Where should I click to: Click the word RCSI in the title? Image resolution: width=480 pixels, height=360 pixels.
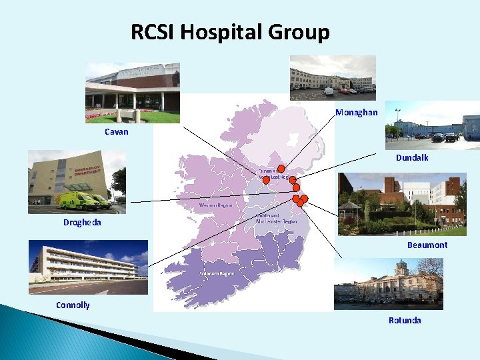click(x=153, y=31)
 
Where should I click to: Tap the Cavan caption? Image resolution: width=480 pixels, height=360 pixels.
click(x=117, y=132)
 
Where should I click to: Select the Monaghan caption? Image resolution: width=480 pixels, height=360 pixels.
click(x=357, y=112)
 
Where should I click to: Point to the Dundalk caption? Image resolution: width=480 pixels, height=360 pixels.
click(x=412, y=158)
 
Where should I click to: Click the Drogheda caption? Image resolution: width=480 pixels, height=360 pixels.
click(x=82, y=223)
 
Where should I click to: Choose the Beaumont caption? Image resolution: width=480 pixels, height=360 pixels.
click(x=427, y=245)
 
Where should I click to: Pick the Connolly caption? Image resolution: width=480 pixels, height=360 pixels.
click(x=73, y=305)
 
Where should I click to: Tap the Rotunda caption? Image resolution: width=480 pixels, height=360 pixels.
click(x=405, y=321)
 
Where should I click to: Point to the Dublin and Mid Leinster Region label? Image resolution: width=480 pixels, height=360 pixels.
click(x=276, y=218)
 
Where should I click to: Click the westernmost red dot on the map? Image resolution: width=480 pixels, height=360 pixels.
click(x=266, y=180)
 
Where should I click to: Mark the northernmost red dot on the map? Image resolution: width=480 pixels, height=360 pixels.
click(x=281, y=169)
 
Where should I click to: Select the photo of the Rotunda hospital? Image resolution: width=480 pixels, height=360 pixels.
click(x=388, y=284)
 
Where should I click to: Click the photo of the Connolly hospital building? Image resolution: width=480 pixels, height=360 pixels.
click(x=87, y=267)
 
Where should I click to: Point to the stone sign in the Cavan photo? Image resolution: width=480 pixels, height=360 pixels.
click(x=127, y=115)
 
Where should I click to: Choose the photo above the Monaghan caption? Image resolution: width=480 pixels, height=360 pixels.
click(x=333, y=77)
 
